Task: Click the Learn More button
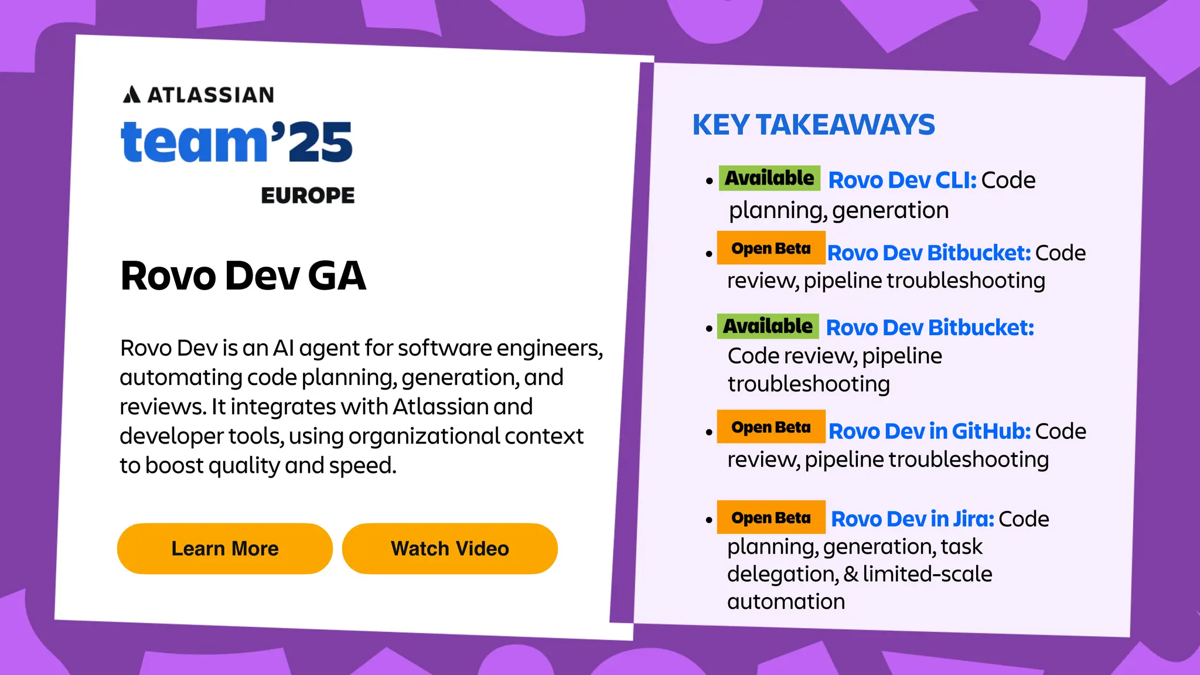point(225,548)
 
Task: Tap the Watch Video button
point(449,548)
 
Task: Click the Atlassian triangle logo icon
point(132,94)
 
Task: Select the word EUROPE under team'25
point(308,196)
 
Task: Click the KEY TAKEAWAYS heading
point(813,125)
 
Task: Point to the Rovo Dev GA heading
point(243,275)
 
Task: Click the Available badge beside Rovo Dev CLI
point(769,178)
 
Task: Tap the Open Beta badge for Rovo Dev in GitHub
point(771,427)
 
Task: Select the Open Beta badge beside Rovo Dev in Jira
point(771,517)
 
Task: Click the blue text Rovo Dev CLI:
point(902,180)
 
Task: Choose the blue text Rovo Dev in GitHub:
point(929,431)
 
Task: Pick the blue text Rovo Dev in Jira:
point(912,519)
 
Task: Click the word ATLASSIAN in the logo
point(211,95)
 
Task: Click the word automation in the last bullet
point(786,602)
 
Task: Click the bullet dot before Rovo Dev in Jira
point(709,520)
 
